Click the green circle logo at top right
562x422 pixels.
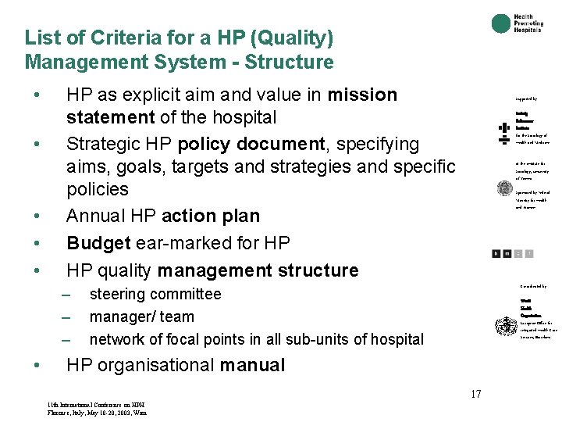501,24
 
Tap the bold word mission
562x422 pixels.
362,95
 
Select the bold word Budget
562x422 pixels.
98,243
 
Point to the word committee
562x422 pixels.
187,295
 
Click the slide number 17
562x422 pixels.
475,394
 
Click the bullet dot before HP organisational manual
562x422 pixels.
37,366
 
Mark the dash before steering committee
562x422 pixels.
66,295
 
